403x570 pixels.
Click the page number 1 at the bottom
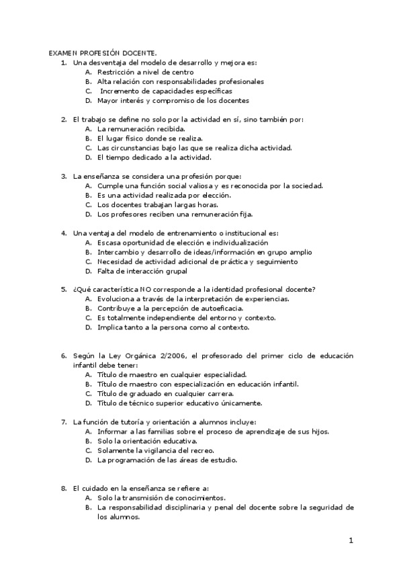351,540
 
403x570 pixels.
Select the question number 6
63,355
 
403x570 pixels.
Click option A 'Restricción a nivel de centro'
145,71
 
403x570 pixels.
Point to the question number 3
63,176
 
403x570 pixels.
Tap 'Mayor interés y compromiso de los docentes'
173,100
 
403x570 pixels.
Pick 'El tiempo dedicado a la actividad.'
154,157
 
